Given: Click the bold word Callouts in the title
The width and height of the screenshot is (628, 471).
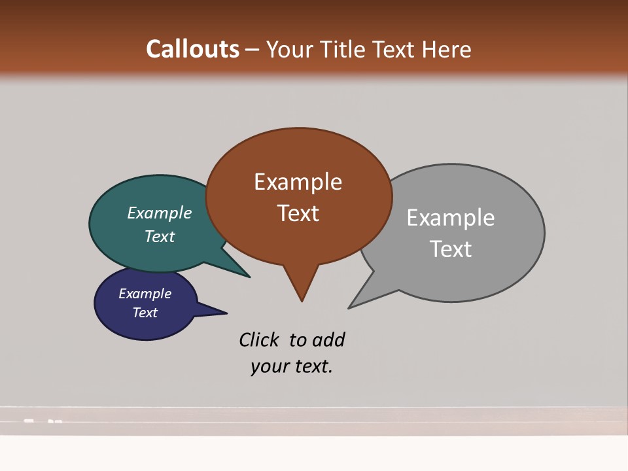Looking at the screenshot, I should [192, 50].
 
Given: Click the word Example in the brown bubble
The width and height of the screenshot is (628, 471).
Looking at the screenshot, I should [298, 182].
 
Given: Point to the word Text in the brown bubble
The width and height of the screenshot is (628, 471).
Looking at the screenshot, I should [298, 213].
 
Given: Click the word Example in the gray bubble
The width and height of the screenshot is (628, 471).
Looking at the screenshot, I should [450, 218].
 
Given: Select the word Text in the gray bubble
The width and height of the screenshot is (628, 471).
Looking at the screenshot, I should [451, 249].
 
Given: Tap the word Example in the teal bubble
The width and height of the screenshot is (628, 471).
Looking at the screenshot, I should [159, 213].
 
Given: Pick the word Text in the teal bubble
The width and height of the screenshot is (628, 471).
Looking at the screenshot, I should [159, 236].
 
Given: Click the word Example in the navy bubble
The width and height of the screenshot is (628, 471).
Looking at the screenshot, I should [145, 294].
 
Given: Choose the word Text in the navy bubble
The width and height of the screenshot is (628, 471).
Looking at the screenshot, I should [145, 313].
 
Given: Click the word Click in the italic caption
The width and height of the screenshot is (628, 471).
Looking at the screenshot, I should [260, 340].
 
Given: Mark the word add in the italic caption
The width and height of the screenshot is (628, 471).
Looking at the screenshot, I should [328, 340].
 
